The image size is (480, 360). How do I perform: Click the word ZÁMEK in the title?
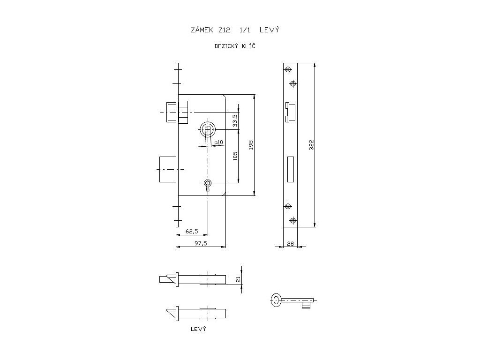click(x=202, y=30)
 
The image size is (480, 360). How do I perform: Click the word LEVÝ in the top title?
click(x=270, y=30)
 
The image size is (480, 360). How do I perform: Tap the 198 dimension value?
click(x=251, y=145)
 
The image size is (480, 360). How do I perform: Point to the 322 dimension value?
click(x=312, y=145)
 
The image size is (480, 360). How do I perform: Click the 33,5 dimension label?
click(x=235, y=120)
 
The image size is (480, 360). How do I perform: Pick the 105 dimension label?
click(x=235, y=156)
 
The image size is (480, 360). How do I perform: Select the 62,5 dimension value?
click(x=192, y=231)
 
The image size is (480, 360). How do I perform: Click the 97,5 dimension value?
click(x=201, y=243)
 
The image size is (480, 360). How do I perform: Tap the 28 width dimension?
click(x=290, y=244)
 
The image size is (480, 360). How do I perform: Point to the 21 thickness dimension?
click(x=239, y=279)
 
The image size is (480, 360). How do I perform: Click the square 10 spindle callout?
click(x=219, y=142)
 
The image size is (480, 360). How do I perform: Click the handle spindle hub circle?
click(x=208, y=130)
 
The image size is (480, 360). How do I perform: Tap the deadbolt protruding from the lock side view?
click(x=168, y=169)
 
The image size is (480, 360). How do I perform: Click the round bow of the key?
click(x=276, y=300)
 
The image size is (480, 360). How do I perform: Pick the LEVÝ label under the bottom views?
click(x=198, y=329)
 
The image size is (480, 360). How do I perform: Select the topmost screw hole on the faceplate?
click(x=288, y=70)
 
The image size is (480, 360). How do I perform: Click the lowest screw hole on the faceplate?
click(x=293, y=220)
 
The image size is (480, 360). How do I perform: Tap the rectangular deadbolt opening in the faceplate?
click(x=291, y=169)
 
